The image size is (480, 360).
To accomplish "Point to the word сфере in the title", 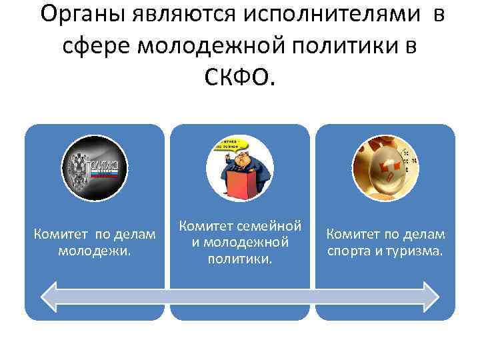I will tap(97, 47).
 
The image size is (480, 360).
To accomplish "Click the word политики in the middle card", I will tap(239, 257).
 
